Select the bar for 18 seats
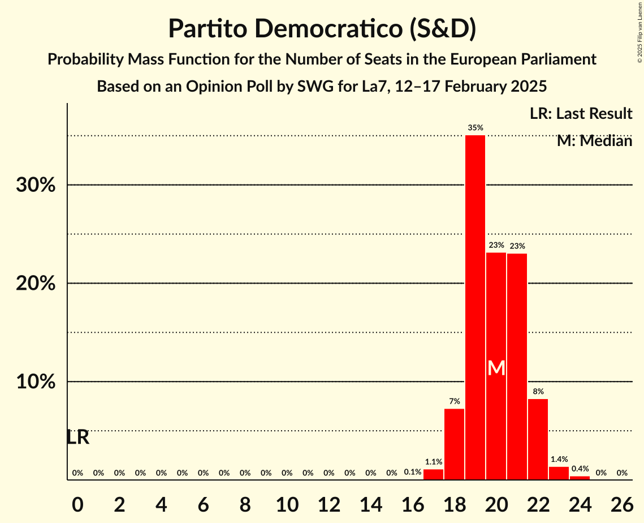[x=454, y=444]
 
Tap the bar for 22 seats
[x=538, y=439]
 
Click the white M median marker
[x=496, y=368]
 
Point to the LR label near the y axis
[x=78, y=438]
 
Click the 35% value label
[x=475, y=128]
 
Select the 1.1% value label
[x=433, y=462]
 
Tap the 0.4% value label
[x=580, y=469]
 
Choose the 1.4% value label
[x=559, y=460]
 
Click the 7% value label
[x=454, y=401]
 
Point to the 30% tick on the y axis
[x=36, y=185]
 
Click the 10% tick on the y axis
[x=36, y=382]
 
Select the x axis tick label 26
[x=621, y=503]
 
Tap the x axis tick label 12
[x=329, y=503]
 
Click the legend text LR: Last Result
[x=581, y=114]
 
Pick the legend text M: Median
[x=594, y=141]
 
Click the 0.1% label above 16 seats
[x=413, y=473]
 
